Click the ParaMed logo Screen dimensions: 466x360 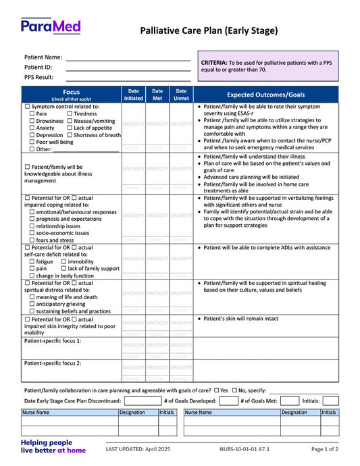coord(51,27)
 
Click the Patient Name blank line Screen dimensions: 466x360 coord(128,59)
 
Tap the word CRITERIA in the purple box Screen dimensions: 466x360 coord(214,63)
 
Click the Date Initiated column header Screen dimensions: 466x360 coord(134,95)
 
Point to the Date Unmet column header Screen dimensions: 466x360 coord(181,95)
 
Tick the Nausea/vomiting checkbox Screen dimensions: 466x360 coord(70,121)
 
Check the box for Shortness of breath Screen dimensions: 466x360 coord(70,135)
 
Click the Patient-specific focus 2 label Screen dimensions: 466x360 coord(53,363)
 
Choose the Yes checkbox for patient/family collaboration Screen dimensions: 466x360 coord(217,390)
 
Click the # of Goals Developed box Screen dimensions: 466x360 coord(226,400)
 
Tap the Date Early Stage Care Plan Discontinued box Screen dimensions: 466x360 coord(143,400)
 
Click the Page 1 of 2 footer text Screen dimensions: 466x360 coord(325,449)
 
